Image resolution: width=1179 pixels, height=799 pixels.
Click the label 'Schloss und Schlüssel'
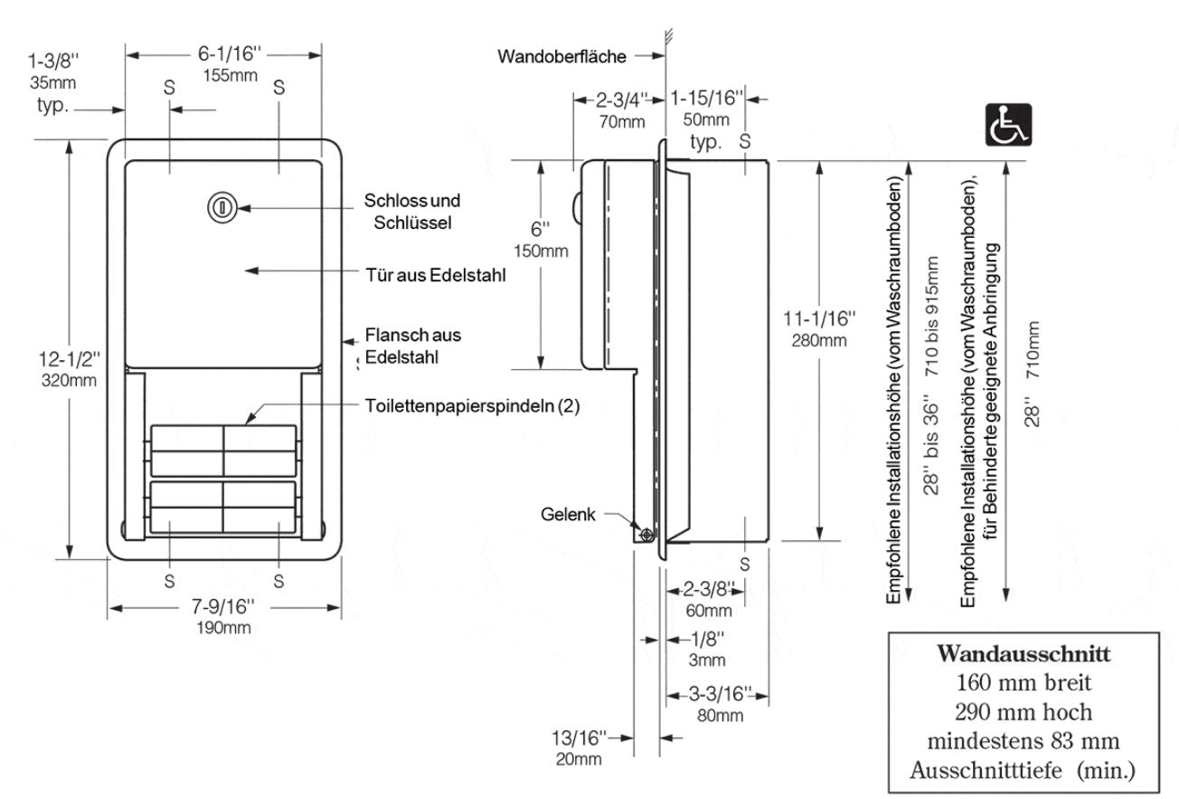tap(412, 211)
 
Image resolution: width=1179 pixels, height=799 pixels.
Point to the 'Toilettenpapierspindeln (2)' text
tap(472, 406)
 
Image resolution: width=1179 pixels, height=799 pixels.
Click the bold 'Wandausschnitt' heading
tap(1023, 652)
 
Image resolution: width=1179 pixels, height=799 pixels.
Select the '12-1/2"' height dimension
tap(69, 361)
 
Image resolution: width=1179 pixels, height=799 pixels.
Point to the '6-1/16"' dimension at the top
tap(225, 53)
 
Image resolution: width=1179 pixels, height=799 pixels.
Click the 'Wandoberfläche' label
tap(561, 57)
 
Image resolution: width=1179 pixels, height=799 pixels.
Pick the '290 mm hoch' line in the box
tap(1023, 710)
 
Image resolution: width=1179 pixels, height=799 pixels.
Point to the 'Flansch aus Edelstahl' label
tap(412, 346)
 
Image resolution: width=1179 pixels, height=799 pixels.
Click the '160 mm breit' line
tap(1023, 681)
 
